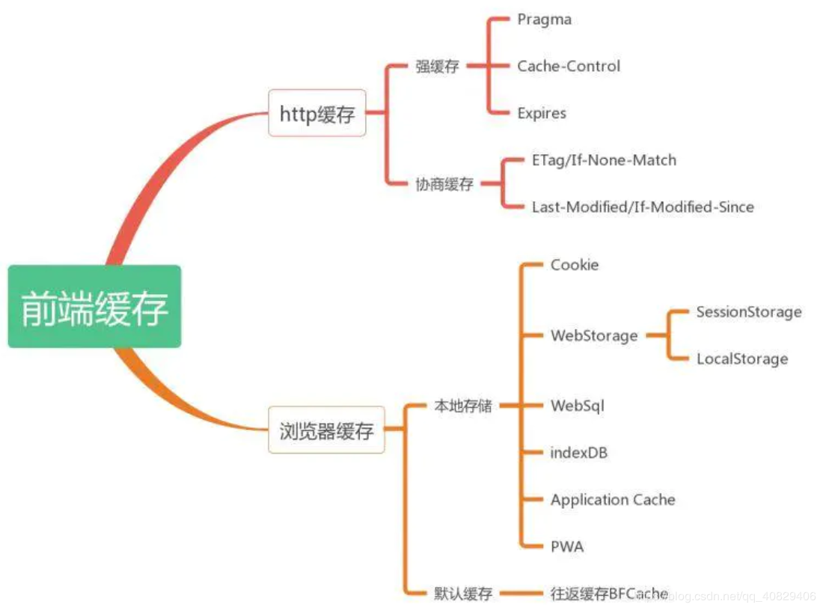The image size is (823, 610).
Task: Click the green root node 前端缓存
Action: [x=94, y=307]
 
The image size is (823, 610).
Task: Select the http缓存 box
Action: [x=317, y=114]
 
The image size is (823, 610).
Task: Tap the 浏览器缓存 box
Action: [x=326, y=430]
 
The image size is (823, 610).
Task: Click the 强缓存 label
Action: [x=437, y=67]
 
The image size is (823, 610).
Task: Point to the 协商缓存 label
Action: [x=444, y=184]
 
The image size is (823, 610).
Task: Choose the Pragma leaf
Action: [x=544, y=19]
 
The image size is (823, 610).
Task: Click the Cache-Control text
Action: [x=569, y=67]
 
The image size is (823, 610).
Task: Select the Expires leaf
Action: [x=542, y=114]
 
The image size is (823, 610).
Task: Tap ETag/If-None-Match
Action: [x=604, y=160]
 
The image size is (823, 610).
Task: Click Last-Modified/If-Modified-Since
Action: [x=643, y=207]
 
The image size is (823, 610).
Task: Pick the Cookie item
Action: [x=575, y=265]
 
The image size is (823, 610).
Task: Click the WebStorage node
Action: [x=594, y=336]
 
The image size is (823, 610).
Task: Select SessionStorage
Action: [x=748, y=312]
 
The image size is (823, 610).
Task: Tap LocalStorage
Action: [x=742, y=359]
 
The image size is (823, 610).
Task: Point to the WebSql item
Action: [x=577, y=406]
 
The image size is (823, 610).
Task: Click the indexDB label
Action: [x=579, y=453]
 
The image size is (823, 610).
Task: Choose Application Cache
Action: [x=613, y=500]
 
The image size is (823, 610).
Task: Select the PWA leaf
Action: [x=567, y=547]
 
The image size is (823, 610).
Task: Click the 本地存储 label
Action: [x=463, y=406]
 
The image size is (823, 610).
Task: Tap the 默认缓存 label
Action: [x=463, y=594]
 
